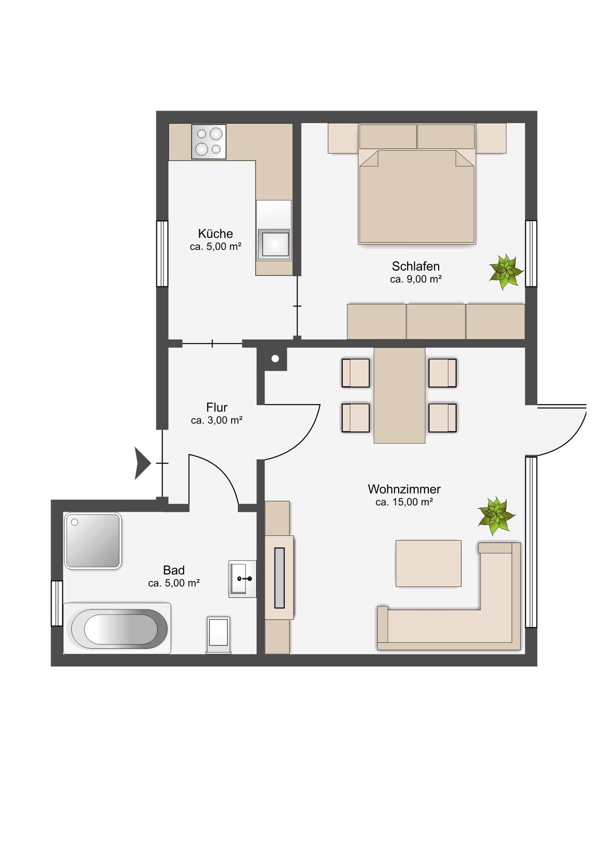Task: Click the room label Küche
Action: coord(215,234)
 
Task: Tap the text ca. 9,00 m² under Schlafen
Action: coord(416,279)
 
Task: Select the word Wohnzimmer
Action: coord(404,489)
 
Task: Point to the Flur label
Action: coord(217,407)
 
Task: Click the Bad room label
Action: coord(174,570)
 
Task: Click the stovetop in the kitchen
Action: coord(209,142)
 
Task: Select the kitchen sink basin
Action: coord(274,245)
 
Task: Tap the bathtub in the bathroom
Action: coord(117,628)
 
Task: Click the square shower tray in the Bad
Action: coord(93,541)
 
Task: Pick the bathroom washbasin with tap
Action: coord(242,578)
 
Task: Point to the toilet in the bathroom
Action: coord(218,634)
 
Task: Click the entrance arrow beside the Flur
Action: coord(142,463)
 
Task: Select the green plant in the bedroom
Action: coord(506,271)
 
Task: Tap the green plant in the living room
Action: coord(496,516)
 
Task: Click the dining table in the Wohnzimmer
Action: coord(400,395)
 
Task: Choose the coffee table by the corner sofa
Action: coord(428,564)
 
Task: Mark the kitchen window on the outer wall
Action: coord(162,254)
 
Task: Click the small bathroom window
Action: coord(57,603)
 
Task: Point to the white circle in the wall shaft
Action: coord(275,358)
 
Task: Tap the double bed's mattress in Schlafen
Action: coord(417,196)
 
